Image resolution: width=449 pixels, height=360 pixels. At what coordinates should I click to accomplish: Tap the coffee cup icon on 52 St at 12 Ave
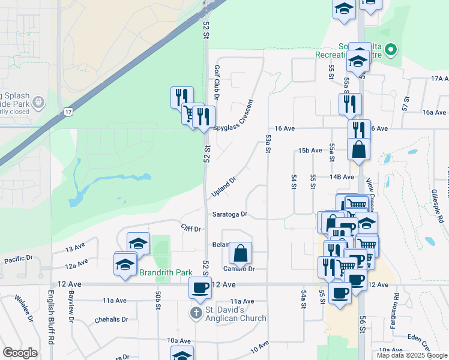tap(200, 287)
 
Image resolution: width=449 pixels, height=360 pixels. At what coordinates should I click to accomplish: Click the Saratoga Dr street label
tap(229, 214)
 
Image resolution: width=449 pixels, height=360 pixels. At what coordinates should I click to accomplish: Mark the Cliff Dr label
tap(190, 229)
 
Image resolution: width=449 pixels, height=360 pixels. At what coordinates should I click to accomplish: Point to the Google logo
tap(20, 353)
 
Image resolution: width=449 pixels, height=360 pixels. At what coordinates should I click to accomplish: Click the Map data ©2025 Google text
tap(412, 355)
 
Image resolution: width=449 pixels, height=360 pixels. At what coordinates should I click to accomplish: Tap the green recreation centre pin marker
tap(391, 50)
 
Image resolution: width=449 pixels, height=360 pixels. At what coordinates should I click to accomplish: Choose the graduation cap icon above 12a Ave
tap(125, 263)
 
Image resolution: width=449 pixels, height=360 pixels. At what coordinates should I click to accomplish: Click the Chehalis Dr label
tap(112, 320)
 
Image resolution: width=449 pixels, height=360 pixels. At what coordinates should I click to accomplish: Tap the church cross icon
tap(195, 313)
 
